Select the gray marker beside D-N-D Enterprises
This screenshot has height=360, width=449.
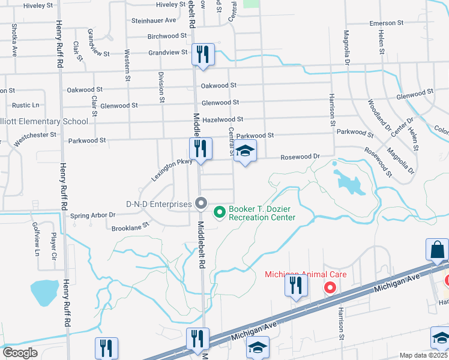coord(201,204)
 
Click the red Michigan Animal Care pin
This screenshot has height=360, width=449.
coord(330,288)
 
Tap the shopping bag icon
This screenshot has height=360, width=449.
coord(438,250)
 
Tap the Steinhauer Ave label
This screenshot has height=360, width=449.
coord(154,20)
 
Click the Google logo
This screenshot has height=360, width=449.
coord(20,353)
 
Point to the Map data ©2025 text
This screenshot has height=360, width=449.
coord(423,355)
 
